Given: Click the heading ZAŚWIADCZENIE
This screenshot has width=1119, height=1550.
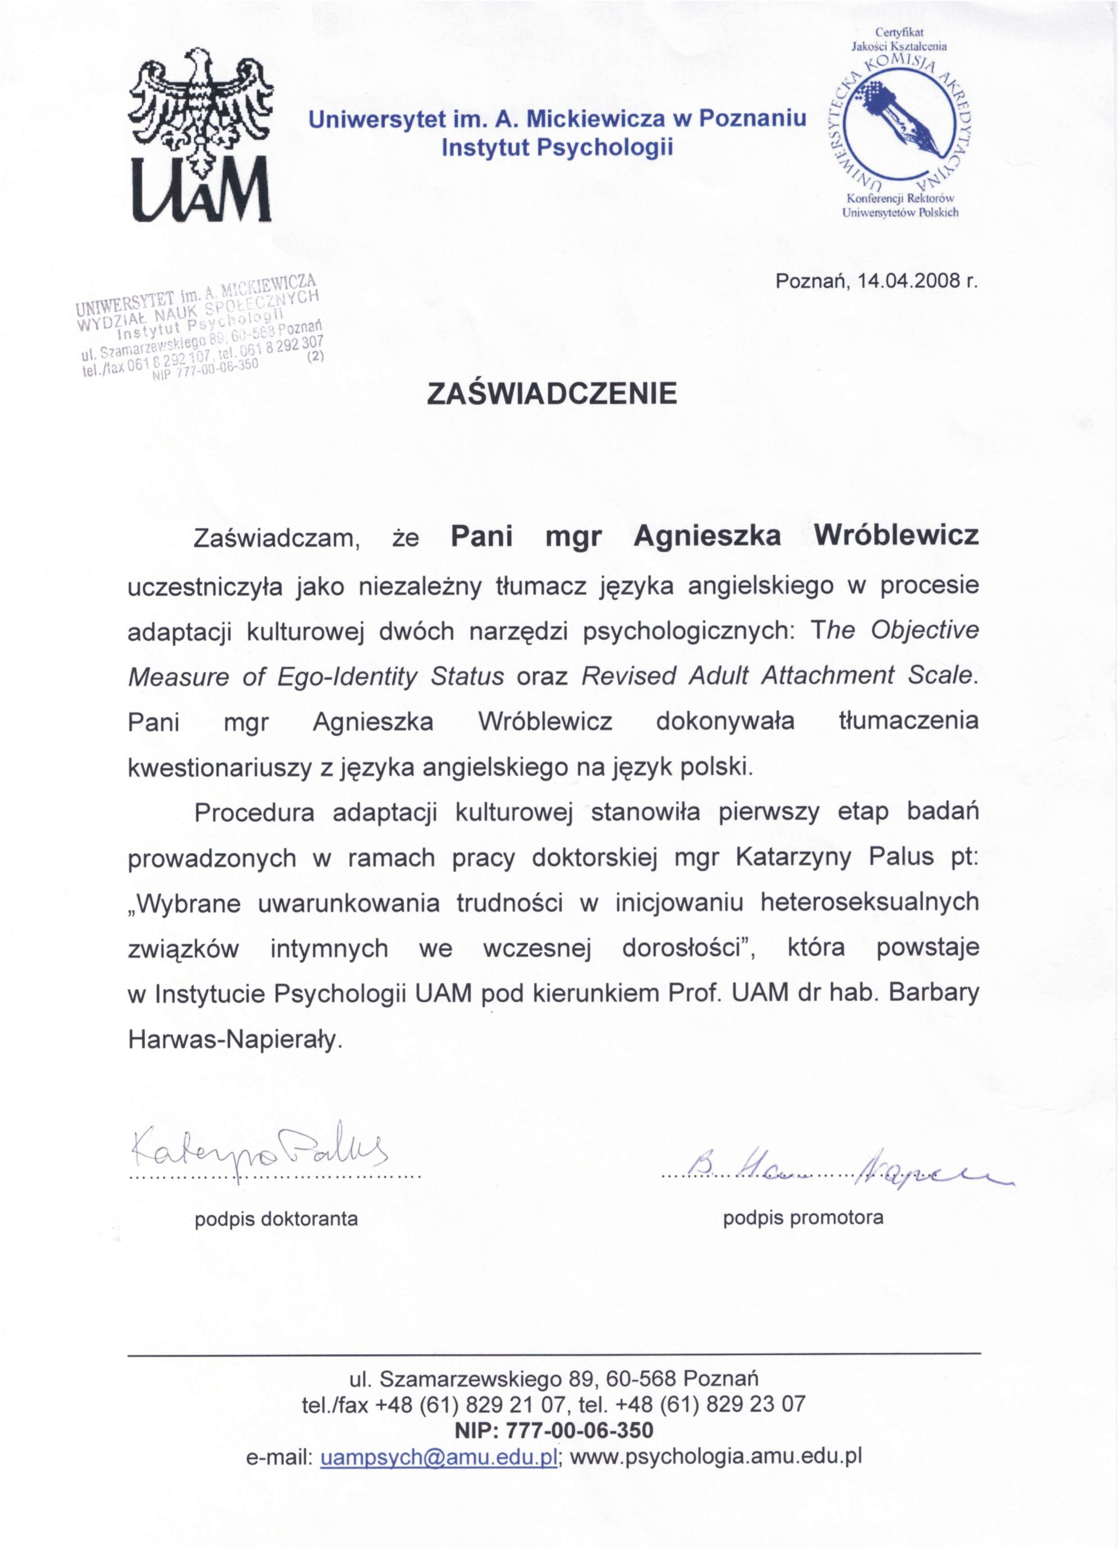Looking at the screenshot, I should pyautogui.click(x=552, y=394).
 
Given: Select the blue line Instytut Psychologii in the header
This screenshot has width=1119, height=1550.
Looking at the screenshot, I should pyautogui.click(x=557, y=147).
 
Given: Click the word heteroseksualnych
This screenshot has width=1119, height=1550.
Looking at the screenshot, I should pyautogui.click(x=870, y=903).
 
